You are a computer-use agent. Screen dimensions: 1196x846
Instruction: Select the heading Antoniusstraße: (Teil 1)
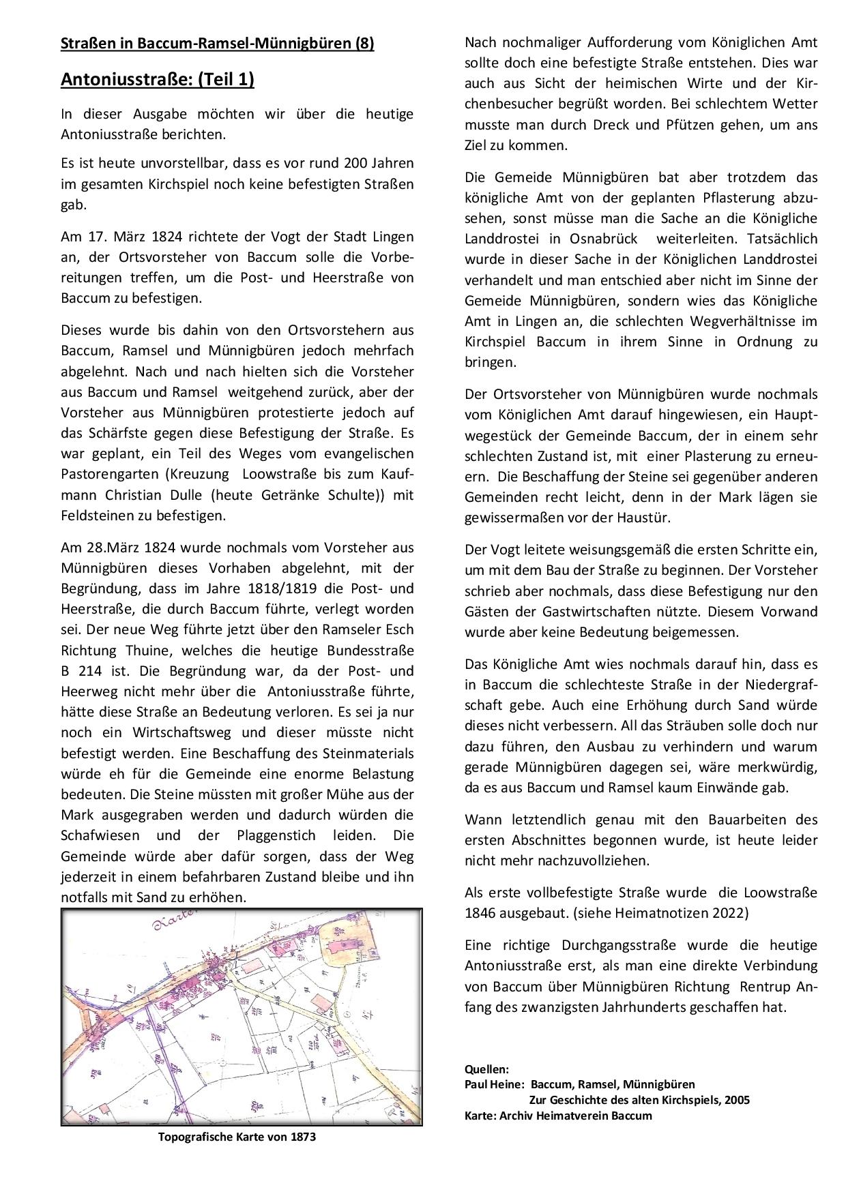click(x=158, y=80)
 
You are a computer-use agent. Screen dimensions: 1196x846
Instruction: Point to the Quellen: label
click(x=486, y=1068)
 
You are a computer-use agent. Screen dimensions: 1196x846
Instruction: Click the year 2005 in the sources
click(x=737, y=1099)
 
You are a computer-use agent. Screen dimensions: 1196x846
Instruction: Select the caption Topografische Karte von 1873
click(x=237, y=1137)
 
